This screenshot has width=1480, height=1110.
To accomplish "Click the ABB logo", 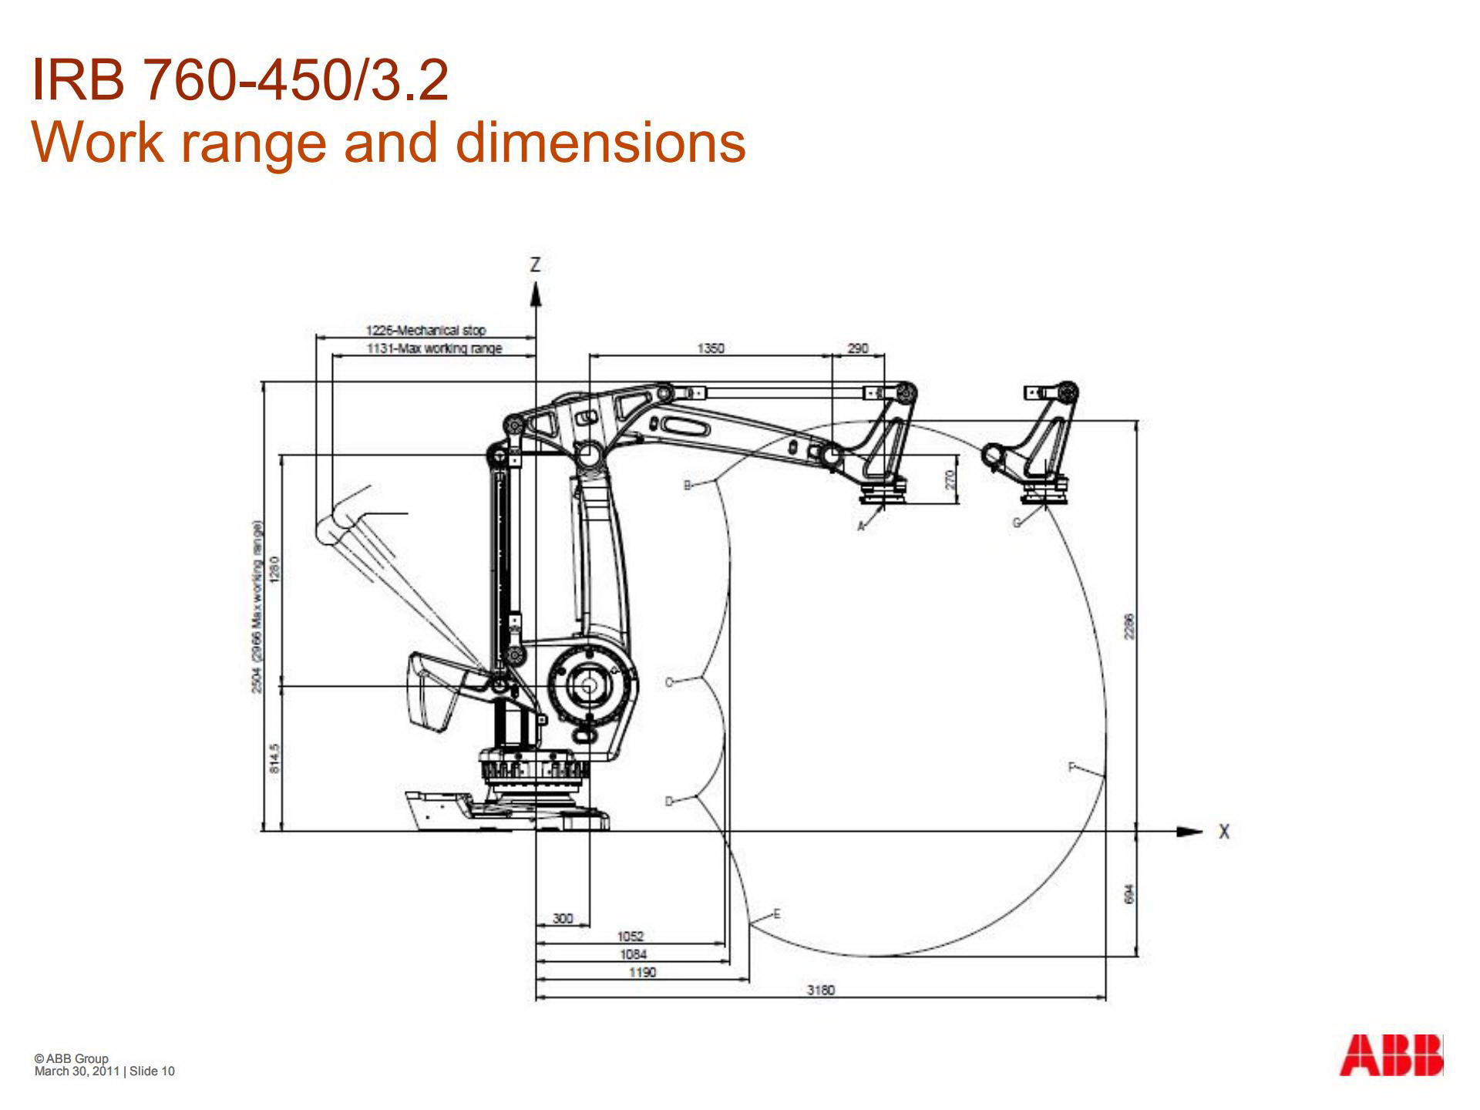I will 1391,1055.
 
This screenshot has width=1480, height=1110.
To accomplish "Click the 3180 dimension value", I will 820,990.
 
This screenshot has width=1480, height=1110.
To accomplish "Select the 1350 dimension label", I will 710,348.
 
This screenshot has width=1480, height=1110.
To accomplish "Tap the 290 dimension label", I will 858,348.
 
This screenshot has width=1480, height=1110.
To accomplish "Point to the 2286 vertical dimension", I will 1129,626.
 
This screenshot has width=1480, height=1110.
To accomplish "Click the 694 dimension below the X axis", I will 1129,893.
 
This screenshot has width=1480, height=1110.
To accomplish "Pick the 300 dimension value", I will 563,918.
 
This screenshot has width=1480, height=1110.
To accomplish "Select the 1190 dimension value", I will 642,972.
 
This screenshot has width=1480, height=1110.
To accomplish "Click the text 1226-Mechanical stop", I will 425,330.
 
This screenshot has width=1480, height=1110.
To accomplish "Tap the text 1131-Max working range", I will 434,348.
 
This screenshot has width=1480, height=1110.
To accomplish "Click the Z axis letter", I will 535,265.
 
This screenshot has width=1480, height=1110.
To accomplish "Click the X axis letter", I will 1223,832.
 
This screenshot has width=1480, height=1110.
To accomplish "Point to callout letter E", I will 776,913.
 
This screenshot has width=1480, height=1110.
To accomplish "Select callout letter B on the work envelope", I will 688,485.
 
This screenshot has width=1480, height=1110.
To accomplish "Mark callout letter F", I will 1071,767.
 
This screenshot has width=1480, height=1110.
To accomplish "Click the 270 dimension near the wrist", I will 950,479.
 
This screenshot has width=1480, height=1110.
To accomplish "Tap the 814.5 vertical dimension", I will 275,758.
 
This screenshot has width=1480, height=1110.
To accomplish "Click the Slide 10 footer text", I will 152,1071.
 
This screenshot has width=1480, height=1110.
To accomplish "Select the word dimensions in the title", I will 600,143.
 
